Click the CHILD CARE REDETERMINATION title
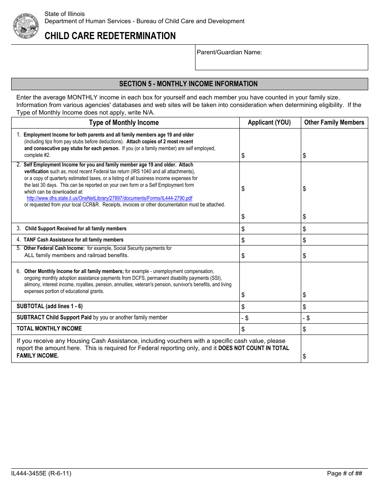[x=110, y=36]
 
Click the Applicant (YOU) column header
[x=269, y=123]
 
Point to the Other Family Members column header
[x=334, y=123]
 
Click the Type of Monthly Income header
[x=124, y=123]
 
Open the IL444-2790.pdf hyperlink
[x=109, y=198]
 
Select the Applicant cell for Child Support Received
[x=270, y=229]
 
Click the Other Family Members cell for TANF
[x=334, y=240]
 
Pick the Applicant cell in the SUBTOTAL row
[x=270, y=307]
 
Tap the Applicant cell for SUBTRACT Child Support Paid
[x=270, y=318]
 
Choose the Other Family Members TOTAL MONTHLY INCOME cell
[x=334, y=329]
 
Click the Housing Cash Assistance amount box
[x=334, y=349]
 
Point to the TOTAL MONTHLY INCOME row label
[x=49, y=329]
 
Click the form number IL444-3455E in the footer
[x=41, y=473]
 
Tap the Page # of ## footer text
[x=344, y=473]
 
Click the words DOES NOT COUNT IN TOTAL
[x=254, y=348]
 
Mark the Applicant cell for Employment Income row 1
[x=270, y=145]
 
